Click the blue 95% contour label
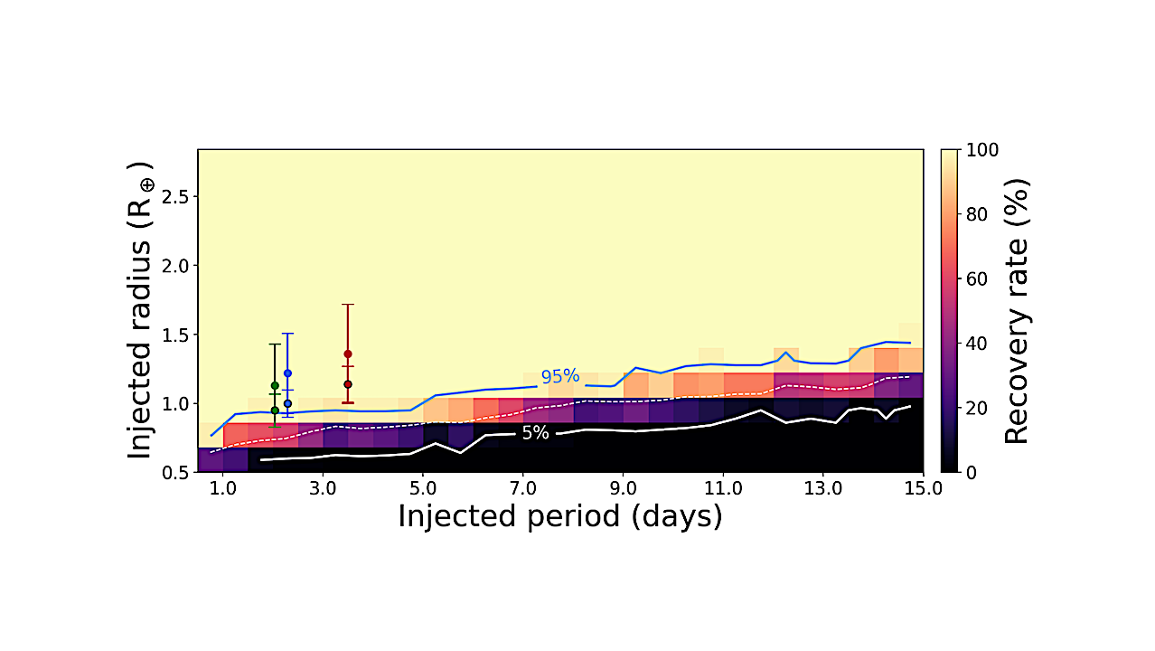point(559,376)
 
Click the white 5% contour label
point(535,433)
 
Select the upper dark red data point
point(348,354)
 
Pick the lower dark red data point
point(348,384)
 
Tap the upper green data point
point(275,385)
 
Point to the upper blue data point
point(287,373)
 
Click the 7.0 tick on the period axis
point(522,488)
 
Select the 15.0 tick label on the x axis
point(922,488)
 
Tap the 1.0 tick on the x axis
point(222,488)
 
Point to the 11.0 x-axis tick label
point(722,488)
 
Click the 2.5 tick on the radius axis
point(172,197)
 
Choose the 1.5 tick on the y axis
point(172,335)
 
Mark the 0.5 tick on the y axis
point(172,471)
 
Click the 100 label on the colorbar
point(981,150)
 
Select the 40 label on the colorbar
point(976,343)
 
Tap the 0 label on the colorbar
point(971,471)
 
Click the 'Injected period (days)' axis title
point(559,516)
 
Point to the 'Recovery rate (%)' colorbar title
point(1017,310)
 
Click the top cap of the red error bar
point(348,305)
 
